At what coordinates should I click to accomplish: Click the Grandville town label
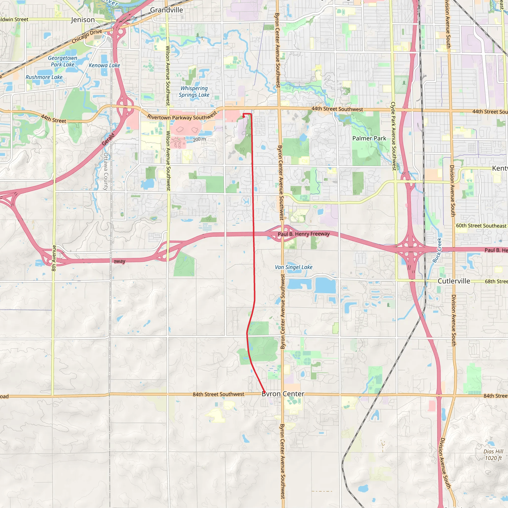[166, 10]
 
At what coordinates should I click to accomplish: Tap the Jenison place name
[83, 20]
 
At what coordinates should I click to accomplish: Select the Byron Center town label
[283, 394]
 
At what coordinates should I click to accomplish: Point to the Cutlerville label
[454, 281]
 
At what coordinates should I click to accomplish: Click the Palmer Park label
[369, 138]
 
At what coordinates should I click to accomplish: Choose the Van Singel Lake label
[293, 267]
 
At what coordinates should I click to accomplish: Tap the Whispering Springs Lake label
[194, 92]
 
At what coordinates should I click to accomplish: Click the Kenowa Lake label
[104, 65]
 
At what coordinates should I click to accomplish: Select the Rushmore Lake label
[44, 77]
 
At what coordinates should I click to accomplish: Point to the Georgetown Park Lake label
[63, 61]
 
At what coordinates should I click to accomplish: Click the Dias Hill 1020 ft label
[493, 455]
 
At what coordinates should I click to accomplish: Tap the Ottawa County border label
[106, 171]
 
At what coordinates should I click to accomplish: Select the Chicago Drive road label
[87, 36]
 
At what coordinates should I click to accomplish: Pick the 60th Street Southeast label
[481, 226]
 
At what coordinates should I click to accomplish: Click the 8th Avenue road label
[54, 258]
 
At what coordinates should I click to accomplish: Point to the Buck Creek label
[437, 250]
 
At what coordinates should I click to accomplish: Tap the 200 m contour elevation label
[199, 139]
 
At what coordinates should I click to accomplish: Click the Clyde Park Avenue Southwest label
[393, 136]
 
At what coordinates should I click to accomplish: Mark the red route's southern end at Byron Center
[264, 392]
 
